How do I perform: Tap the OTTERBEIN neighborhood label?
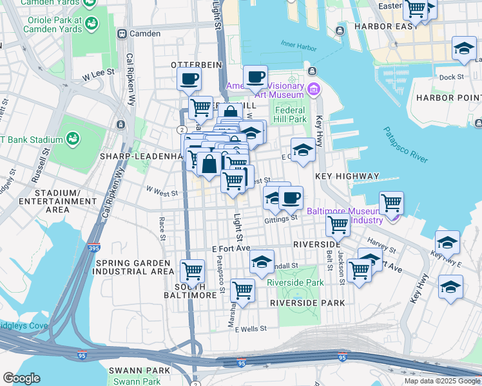(x=196, y=65)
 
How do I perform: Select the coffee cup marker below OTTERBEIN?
(x=189, y=79)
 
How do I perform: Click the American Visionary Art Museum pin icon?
(x=314, y=88)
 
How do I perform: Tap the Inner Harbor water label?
(x=299, y=46)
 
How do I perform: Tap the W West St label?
(x=161, y=191)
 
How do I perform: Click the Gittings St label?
(x=280, y=219)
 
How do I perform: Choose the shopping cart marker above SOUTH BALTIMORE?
(x=192, y=271)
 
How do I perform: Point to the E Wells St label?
(x=251, y=329)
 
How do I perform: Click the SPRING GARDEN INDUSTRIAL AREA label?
(x=133, y=268)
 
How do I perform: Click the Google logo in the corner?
(x=21, y=378)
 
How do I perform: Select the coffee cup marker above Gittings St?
(x=291, y=198)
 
